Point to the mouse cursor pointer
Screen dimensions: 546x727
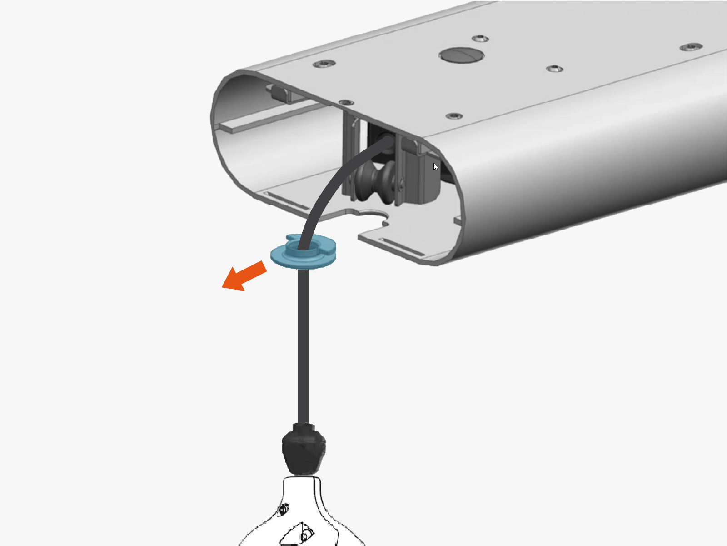(x=435, y=166)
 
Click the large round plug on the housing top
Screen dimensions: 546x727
(x=461, y=55)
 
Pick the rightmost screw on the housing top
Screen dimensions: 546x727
(x=691, y=47)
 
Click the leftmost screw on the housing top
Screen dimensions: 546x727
(x=324, y=64)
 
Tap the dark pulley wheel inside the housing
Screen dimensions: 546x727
(x=377, y=181)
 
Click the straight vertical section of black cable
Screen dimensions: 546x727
(x=303, y=346)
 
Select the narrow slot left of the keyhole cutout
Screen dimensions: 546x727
(x=286, y=201)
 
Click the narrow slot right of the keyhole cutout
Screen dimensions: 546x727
(x=402, y=246)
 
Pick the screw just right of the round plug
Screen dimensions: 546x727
(x=554, y=69)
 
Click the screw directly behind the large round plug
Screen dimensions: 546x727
(x=480, y=39)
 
